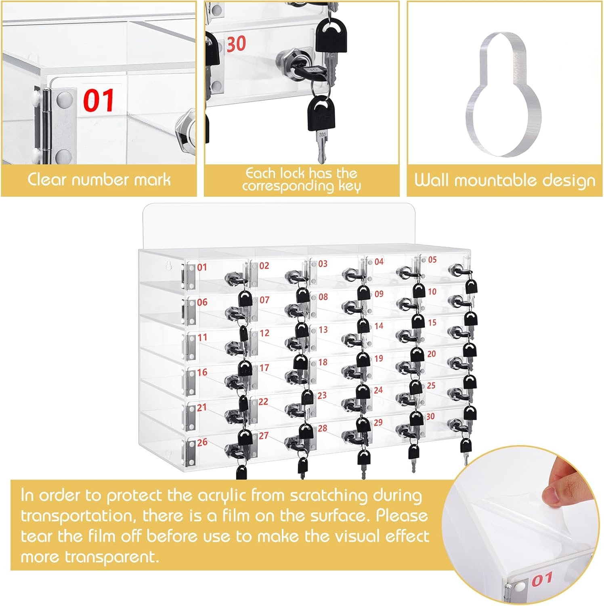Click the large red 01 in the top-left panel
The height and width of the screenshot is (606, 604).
[x=99, y=101]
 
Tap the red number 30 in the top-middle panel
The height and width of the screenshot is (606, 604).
[x=236, y=44]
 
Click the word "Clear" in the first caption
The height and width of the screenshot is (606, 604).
[x=47, y=179]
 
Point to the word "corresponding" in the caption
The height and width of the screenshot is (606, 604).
[x=288, y=186]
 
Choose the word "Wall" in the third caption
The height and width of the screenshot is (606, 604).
[x=432, y=180]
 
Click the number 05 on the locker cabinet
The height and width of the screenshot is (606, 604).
[x=432, y=259]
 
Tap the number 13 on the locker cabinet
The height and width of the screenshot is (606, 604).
[x=323, y=330]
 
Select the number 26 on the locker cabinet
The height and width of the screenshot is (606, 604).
[x=202, y=442]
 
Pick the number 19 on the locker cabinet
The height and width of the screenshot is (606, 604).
[x=378, y=358]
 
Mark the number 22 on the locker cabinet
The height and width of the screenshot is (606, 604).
[x=263, y=402]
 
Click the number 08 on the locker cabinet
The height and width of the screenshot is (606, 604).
[x=323, y=297]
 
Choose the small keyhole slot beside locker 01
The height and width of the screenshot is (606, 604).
[x=170, y=265]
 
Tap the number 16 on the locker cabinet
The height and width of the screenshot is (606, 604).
[x=202, y=372]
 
